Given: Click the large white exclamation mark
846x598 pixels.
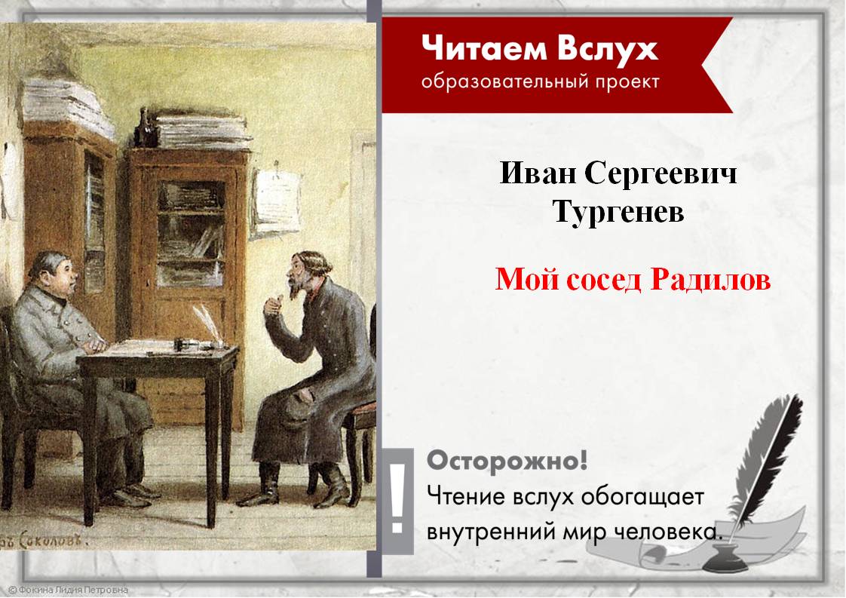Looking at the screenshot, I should point(399,494).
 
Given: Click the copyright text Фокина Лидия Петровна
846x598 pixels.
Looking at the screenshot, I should point(68,590).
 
